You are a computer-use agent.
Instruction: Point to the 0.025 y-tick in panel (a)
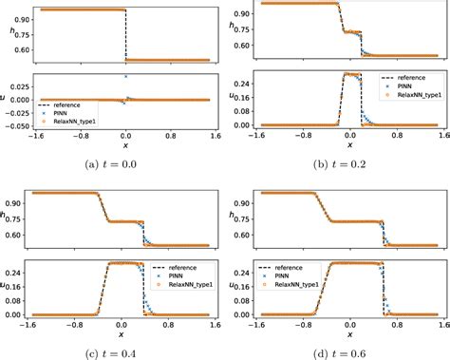17,85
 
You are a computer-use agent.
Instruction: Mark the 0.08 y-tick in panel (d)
247,302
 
